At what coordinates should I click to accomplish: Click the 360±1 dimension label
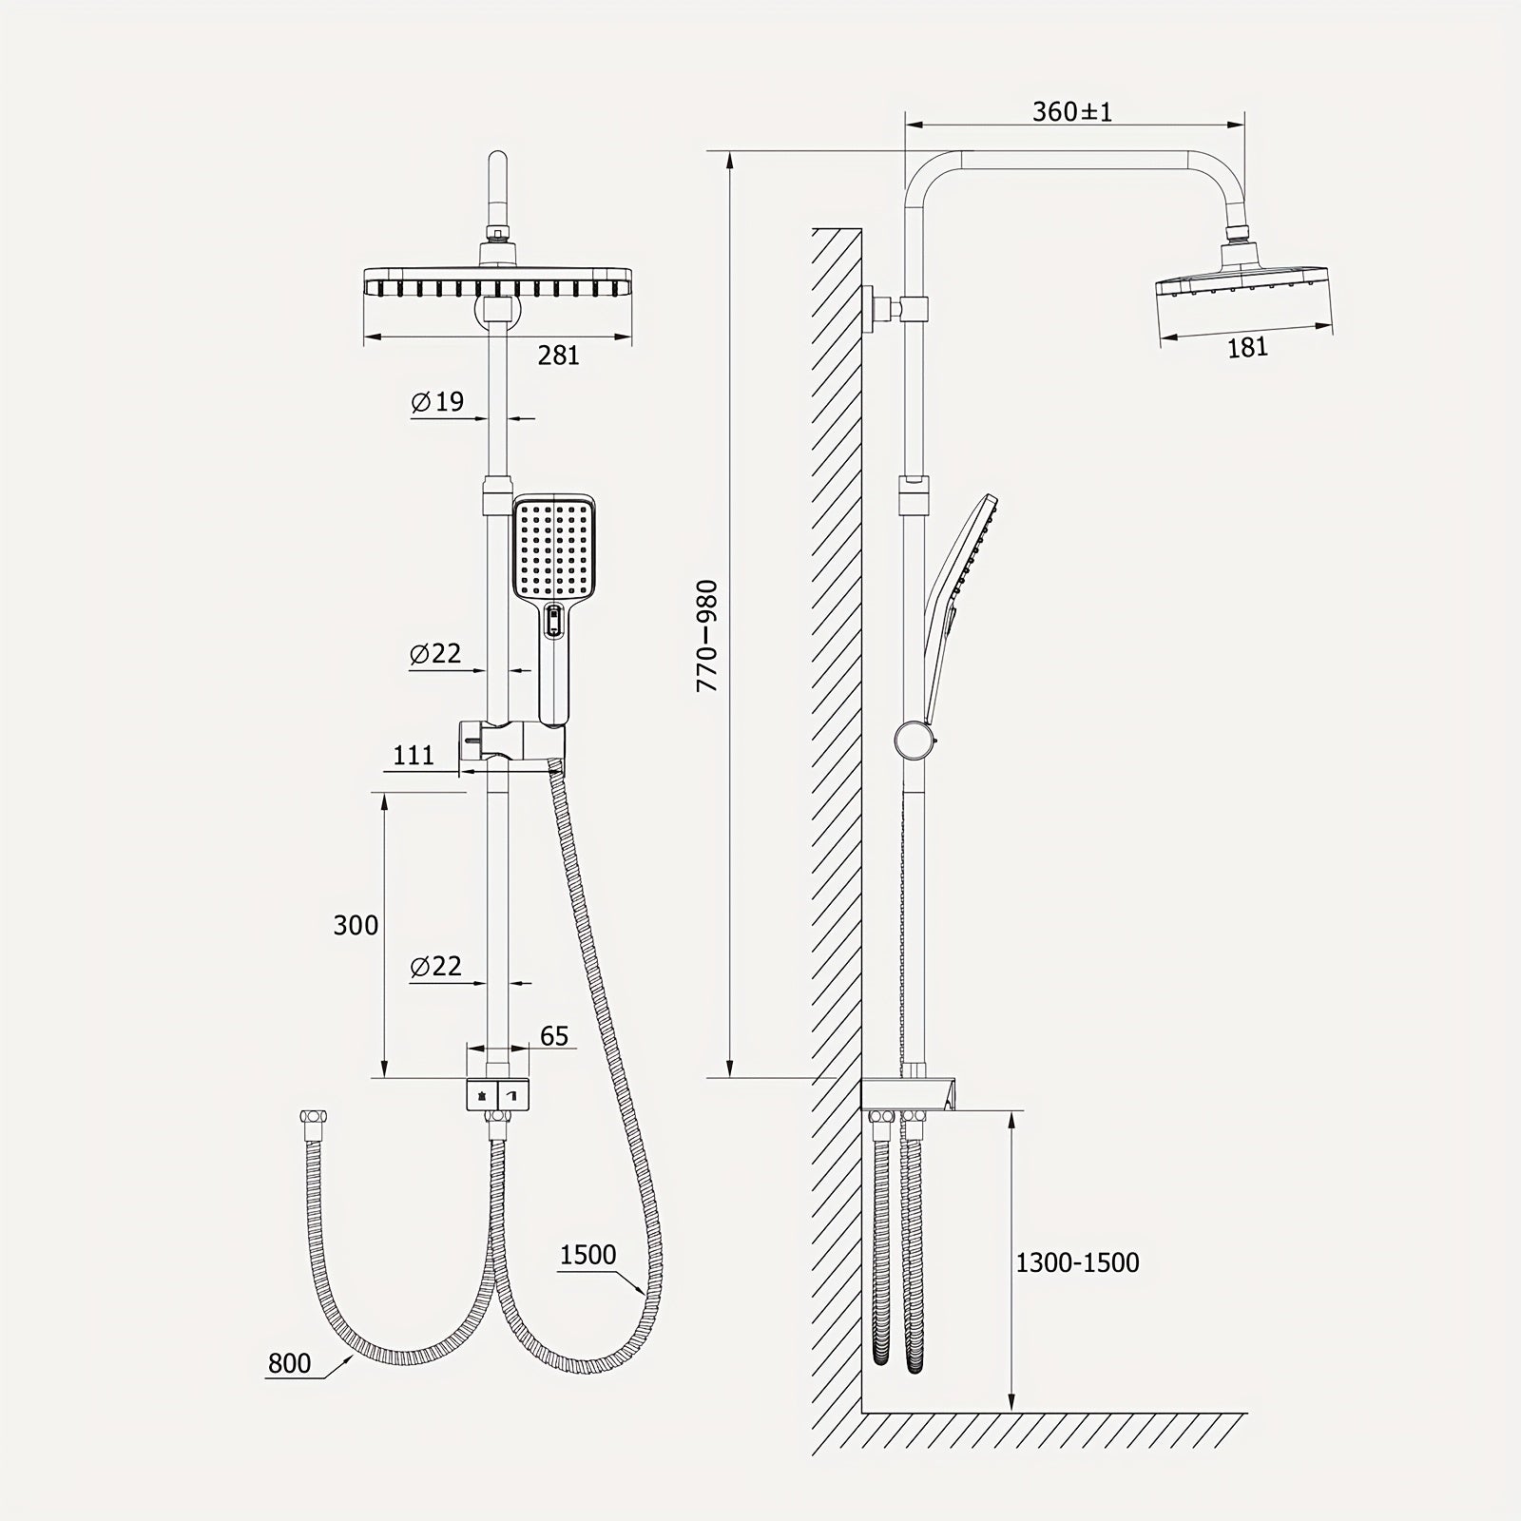click(1072, 112)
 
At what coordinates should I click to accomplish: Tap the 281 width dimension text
click(558, 356)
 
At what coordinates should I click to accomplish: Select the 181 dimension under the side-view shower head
click(1247, 348)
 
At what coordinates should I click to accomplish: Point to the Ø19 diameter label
click(437, 402)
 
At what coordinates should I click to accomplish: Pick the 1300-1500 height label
click(1077, 1262)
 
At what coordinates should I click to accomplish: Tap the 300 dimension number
click(356, 925)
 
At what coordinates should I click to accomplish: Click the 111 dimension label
click(414, 755)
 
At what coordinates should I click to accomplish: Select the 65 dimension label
click(554, 1035)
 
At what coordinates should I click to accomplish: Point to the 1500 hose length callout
click(587, 1255)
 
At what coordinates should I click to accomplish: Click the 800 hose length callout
click(289, 1363)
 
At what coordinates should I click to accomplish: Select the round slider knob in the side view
click(915, 740)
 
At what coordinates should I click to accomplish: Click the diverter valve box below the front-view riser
click(497, 1096)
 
